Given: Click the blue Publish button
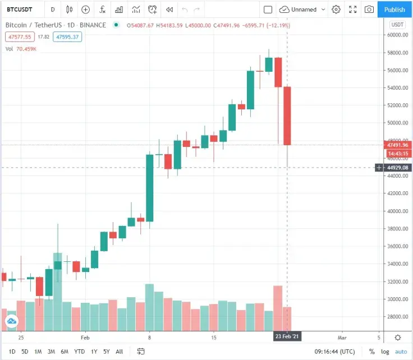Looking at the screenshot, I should pos(394,10).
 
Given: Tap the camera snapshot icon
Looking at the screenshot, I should pos(369,10).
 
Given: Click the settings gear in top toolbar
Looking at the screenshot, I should pos(336,10).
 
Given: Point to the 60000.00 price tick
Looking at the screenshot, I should pos(397,35).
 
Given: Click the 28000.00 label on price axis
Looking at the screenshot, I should pos(397,317).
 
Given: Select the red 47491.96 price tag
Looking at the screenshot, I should pos(397,145).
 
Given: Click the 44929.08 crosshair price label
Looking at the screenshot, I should pos(397,168).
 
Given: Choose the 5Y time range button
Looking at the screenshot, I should pos(106,352).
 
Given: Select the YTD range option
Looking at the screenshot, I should pos(80,352).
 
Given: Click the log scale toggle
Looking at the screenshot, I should pos(384,352).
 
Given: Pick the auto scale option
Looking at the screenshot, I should pos(401,352).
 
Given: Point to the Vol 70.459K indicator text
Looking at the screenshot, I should pos(21,49).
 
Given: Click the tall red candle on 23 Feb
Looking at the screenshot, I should pos(287,116).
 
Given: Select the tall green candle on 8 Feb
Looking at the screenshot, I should pos(150,188).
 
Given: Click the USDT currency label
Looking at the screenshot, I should pos(397,25).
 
